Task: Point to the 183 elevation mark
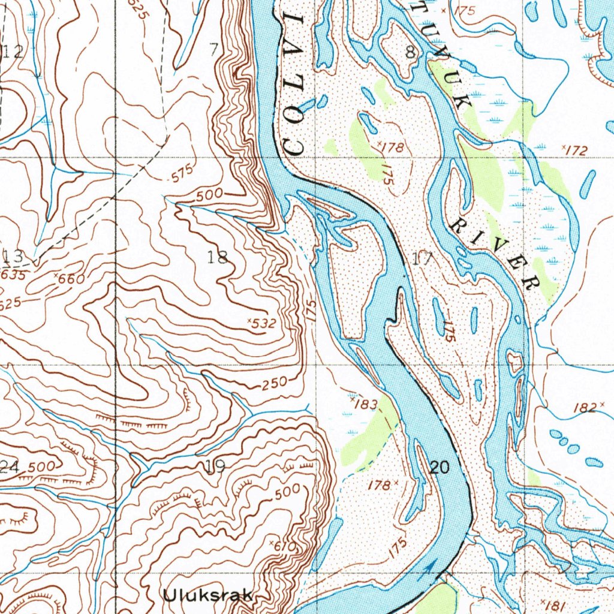[x=363, y=404]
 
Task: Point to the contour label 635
[x=13, y=275]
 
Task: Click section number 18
[x=218, y=258]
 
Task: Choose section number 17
[x=423, y=259]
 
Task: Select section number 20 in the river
[x=439, y=468]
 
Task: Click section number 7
[x=214, y=50]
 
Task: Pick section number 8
[x=410, y=52]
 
